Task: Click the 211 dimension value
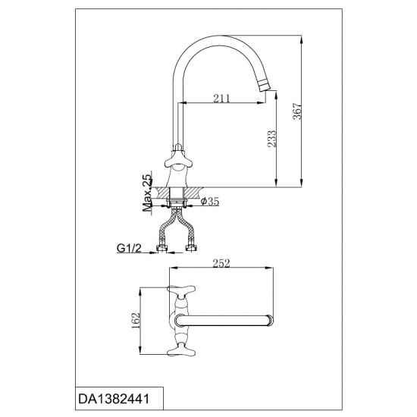coord(221,99)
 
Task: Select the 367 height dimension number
coord(297,111)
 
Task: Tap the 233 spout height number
coord(271,139)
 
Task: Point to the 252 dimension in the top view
coord(221,263)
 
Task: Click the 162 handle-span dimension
coord(136,321)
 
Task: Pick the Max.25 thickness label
coord(147,192)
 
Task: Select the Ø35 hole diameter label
coord(210,202)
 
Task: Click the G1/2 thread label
coord(129,249)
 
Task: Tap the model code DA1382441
coord(114,399)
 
